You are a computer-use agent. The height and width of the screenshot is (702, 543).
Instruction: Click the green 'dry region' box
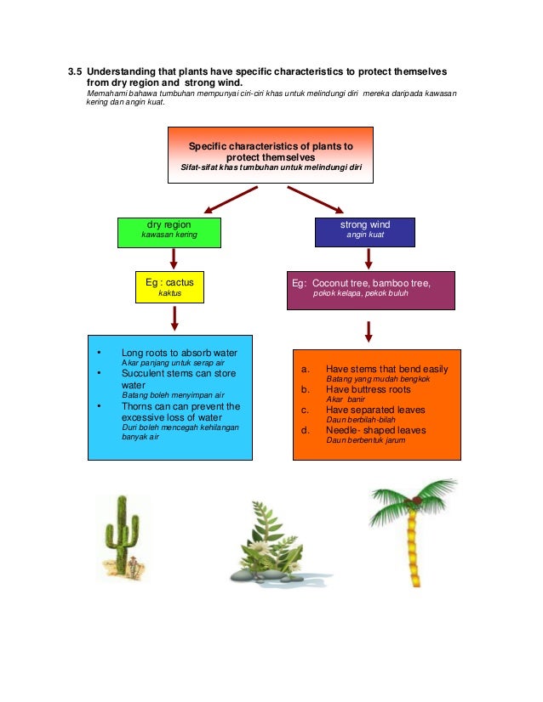point(169,230)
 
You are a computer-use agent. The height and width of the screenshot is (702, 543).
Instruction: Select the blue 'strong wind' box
point(364,230)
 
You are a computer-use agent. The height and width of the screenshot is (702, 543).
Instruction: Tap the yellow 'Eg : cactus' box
point(170,286)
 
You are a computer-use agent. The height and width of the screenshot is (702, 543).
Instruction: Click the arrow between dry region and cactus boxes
point(174,258)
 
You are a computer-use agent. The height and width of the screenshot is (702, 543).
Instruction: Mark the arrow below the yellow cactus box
point(174,318)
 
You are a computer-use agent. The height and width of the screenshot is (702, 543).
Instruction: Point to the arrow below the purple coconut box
point(368,331)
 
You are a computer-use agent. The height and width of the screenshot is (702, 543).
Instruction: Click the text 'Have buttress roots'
point(368,389)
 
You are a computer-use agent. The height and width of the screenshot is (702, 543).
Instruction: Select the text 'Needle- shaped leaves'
point(375,430)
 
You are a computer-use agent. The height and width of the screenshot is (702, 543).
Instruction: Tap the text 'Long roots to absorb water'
point(179,352)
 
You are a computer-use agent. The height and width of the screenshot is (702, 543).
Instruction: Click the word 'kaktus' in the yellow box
point(170,293)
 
